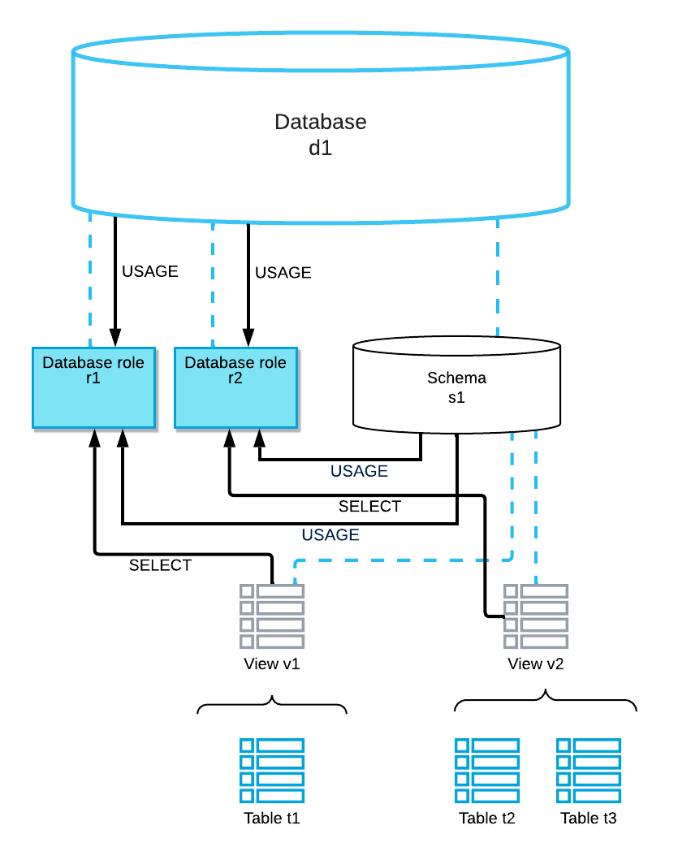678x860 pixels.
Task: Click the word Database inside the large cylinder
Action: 320,122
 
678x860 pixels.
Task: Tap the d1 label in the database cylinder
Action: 320,149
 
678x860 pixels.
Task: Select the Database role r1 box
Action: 93,398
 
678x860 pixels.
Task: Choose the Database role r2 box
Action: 235,398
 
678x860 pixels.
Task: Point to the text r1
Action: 93,378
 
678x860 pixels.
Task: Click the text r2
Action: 235,378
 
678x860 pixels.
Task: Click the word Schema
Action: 456,378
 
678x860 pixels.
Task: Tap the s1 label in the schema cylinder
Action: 456,398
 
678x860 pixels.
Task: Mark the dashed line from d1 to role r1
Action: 90,280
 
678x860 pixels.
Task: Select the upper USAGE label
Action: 359,471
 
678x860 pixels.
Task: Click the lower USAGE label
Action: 330,535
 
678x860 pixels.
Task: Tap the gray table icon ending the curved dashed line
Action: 272,616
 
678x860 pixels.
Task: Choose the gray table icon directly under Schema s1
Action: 536,616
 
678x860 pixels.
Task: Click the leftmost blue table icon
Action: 272,771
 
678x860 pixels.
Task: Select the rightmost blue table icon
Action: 589,771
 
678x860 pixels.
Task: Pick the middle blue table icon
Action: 487,771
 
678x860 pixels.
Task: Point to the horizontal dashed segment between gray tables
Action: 398,560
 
